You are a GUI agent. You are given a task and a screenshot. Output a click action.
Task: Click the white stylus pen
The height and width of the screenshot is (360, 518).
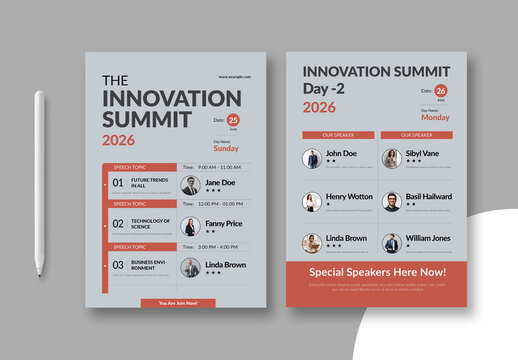coord(41,182)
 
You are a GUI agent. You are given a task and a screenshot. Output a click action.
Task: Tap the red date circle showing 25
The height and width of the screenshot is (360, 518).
coord(233,120)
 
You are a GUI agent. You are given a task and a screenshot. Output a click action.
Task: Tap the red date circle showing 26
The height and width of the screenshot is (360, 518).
coord(441,91)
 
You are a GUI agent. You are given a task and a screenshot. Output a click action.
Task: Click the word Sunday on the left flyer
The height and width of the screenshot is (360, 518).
coord(228,148)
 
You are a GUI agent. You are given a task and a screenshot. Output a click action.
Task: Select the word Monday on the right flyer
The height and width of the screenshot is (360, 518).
coord(435,117)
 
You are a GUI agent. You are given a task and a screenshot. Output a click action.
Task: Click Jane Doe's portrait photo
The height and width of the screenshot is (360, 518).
coord(190,186)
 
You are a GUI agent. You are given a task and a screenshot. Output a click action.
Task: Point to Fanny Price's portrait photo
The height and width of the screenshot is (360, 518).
coord(190,227)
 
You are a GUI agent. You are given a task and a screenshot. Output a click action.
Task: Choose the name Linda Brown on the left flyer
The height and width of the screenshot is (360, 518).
coord(225,265)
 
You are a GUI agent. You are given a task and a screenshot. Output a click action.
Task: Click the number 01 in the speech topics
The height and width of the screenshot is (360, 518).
coord(118,184)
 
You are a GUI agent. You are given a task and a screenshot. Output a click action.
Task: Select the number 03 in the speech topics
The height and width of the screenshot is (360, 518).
coord(118,265)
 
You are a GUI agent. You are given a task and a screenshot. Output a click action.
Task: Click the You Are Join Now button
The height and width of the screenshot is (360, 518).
coord(178,303)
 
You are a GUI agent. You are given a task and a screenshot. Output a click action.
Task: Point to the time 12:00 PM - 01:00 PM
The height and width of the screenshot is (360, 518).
coord(219,204)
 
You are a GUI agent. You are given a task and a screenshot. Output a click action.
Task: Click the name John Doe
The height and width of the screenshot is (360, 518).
coord(341,154)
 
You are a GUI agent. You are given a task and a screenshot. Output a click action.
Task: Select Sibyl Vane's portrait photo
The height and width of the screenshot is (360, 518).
coord(391,158)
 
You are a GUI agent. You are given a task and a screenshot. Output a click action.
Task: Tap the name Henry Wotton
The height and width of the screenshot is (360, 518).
coord(350,196)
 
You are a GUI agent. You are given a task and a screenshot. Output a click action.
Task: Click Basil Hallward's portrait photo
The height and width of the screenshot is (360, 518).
coord(391,201)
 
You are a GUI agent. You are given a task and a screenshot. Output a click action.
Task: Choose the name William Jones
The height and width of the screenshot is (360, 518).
coord(428,238)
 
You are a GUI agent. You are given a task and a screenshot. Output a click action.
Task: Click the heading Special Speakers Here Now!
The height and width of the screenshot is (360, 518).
coord(377,271)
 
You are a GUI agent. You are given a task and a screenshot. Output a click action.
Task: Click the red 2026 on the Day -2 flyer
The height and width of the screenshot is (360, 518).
coord(319,107)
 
